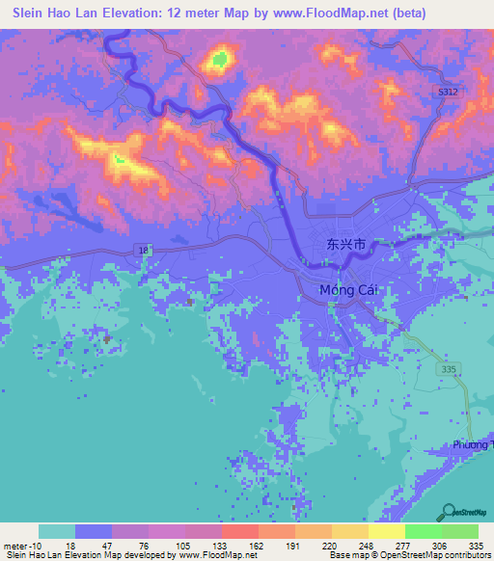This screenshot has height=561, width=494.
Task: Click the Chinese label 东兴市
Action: pyautogui.click(x=344, y=246)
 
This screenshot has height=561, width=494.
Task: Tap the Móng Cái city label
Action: pyautogui.click(x=345, y=290)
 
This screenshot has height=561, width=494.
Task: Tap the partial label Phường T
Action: pyautogui.click(x=472, y=444)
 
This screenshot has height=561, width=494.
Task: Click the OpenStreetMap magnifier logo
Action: pyautogui.click(x=450, y=513)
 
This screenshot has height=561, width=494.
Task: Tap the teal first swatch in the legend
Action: pyautogui.click(x=57, y=531)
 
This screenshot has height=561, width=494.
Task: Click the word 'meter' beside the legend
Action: pyautogui.click(x=14, y=545)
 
